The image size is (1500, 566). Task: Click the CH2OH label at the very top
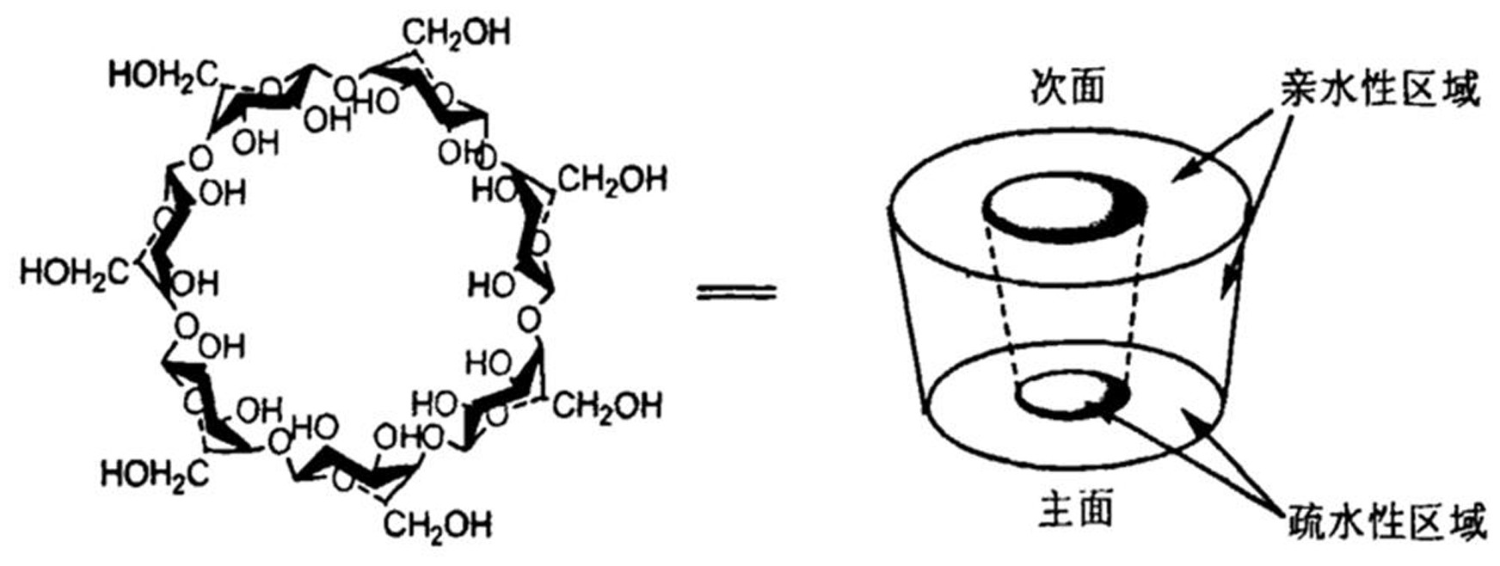point(457,33)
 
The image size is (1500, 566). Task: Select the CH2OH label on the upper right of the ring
point(612,181)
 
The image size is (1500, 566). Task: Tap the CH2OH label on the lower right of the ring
point(607,405)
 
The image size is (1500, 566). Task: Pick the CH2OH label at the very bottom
point(438,524)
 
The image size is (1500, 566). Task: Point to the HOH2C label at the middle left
point(75,273)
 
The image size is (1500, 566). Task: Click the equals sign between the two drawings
point(736,292)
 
